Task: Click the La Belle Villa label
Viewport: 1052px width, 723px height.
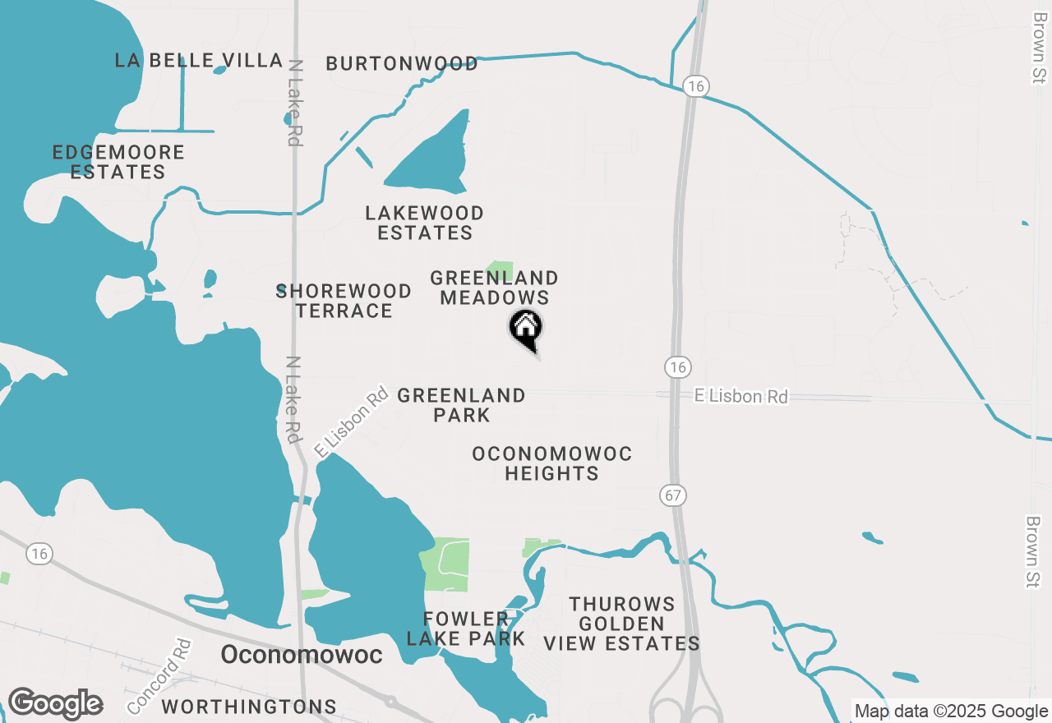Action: coord(188,60)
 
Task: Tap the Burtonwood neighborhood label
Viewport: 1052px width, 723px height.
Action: coord(402,64)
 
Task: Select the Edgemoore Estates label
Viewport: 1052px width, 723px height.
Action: coord(118,162)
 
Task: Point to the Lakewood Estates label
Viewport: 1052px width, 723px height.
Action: coord(425,223)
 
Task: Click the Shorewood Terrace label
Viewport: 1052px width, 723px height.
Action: coord(344,301)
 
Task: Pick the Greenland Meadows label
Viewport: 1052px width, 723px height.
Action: coord(494,288)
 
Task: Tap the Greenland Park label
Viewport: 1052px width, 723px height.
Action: coord(461,405)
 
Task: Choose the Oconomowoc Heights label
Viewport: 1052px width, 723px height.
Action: coord(551,463)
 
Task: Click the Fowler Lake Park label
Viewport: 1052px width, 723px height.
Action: coord(465,629)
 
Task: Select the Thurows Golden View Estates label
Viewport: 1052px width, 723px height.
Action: coord(622,624)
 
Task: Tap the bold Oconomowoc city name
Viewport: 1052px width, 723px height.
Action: coord(302,655)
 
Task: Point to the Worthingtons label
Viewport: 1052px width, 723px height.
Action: coord(249,707)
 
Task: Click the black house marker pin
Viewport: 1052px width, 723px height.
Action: coord(526,329)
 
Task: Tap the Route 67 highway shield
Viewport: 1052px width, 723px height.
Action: coord(672,495)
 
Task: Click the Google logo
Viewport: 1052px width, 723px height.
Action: coord(55,704)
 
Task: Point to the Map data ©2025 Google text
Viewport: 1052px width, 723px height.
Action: coord(951,711)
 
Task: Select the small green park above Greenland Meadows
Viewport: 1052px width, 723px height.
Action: coord(500,269)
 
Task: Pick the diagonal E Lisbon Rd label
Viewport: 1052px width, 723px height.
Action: coord(351,421)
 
